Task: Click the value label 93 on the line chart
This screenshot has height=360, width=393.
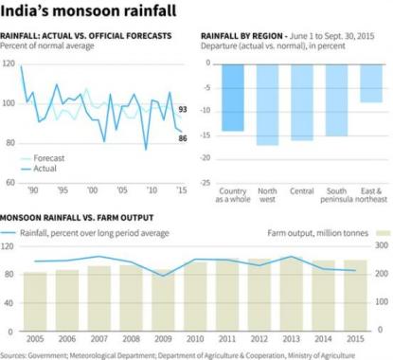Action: pyautogui.click(x=182, y=109)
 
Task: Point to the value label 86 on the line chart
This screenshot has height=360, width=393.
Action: pyautogui.click(x=182, y=138)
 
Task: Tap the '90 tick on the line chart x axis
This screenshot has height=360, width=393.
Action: pyautogui.click(x=33, y=189)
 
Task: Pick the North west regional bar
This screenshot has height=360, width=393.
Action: pyautogui.click(x=268, y=104)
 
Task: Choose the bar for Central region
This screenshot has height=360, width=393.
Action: pyautogui.click(x=302, y=102)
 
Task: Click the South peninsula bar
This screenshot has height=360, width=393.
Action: pyautogui.click(x=336, y=100)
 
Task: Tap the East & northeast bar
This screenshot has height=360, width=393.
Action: pyautogui.click(x=371, y=83)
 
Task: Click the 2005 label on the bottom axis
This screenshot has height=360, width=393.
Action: pyautogui.click(x=35, y=339)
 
